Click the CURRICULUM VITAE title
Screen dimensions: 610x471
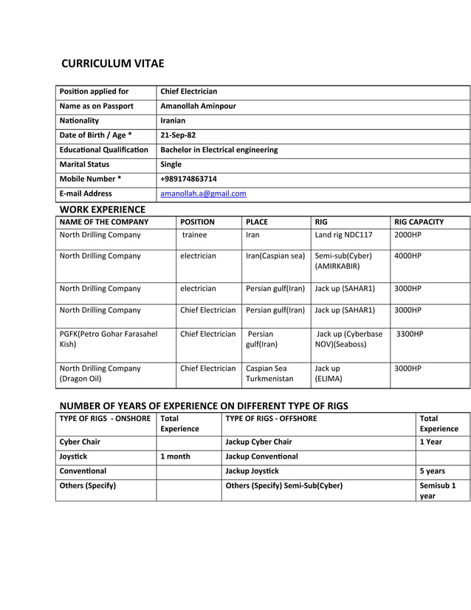click(112, 64)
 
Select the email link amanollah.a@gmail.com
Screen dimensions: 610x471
click(203, 193)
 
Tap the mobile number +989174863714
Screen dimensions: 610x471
click(188, 179)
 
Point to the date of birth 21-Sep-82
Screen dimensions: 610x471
click(178, 135)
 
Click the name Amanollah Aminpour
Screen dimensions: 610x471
click(198, 106)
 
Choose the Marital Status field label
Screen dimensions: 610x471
click(84, 164)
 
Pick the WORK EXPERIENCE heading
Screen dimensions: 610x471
click(102, 210)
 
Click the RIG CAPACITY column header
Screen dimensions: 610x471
click(419, 222)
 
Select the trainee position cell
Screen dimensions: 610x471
click(195, 235)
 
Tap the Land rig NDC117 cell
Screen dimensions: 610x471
click(343, 235)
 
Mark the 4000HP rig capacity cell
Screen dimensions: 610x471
click(408, 256)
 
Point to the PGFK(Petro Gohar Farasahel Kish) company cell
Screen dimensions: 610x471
click(108, 339)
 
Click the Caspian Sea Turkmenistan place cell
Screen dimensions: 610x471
click(269, 373)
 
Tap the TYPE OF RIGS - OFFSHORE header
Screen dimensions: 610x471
click(271, 418)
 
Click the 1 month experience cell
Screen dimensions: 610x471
click(175, 456)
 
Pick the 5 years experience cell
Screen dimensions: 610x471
click(432, 470)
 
